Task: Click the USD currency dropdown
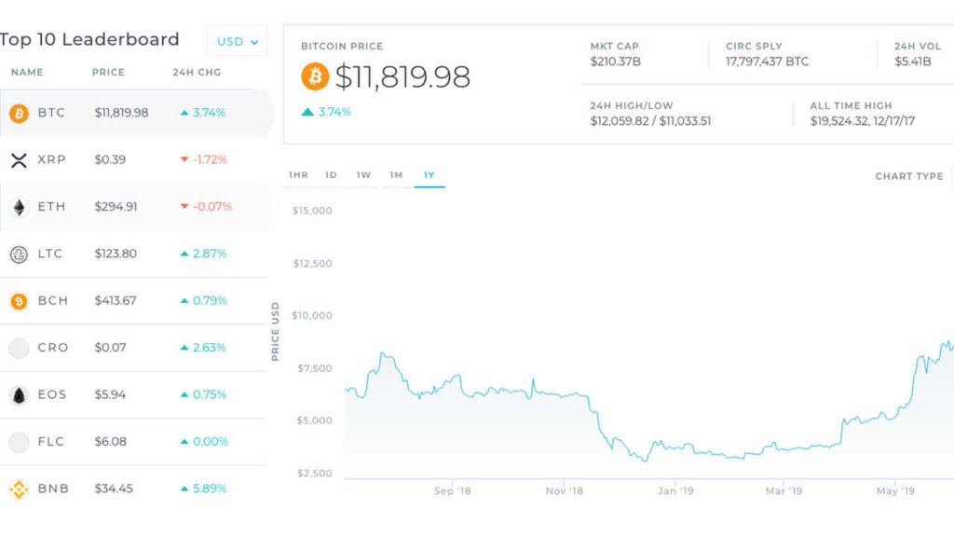237,41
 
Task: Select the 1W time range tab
363,175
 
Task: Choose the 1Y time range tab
429,175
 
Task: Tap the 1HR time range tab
298,175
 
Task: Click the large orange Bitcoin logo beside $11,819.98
315,76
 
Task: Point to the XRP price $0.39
110,159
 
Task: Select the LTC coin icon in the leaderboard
19,254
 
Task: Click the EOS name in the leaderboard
52,394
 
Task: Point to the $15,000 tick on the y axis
312,211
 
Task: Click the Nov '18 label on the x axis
564,490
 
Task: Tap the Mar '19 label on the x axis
784,490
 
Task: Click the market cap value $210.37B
616,62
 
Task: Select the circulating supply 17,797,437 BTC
767,62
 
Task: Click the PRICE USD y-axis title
276,332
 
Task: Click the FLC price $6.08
110,441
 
